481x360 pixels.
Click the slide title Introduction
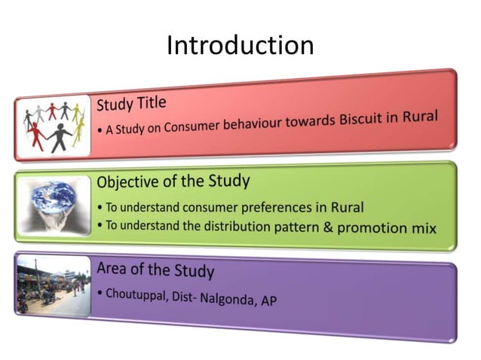tap(240, 45)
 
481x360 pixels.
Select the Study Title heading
tap(131, 102)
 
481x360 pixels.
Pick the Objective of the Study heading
tap(173, 182)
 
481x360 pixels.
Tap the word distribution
tap(222, 226)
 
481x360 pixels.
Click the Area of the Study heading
tap(155, 269)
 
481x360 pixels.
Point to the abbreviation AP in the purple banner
tap(268, 301)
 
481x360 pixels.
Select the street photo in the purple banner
tap(52, 286)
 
